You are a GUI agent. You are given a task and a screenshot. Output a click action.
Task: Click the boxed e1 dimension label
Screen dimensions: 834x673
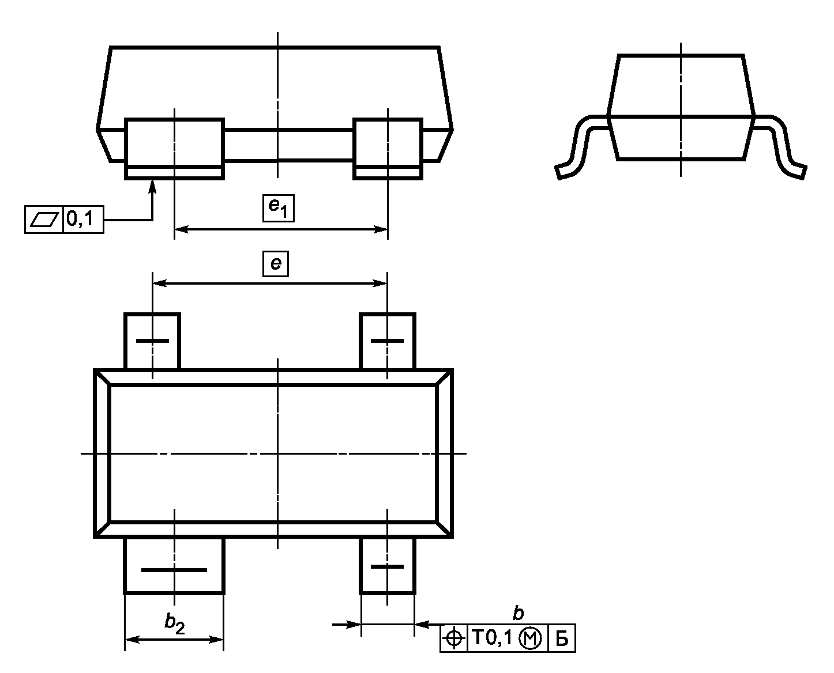278,208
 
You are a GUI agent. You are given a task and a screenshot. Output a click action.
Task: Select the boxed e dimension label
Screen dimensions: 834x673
275,263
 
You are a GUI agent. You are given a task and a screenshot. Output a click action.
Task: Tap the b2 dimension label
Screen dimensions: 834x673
174,623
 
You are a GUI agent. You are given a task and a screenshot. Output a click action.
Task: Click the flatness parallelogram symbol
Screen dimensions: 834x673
44,220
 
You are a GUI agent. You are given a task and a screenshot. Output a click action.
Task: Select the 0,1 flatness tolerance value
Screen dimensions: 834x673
80,218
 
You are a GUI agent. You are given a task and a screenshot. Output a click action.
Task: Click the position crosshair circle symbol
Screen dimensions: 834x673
454,638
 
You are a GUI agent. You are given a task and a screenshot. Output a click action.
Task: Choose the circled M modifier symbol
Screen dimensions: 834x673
530,639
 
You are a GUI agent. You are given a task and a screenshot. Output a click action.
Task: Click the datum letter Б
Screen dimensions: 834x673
562,638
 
